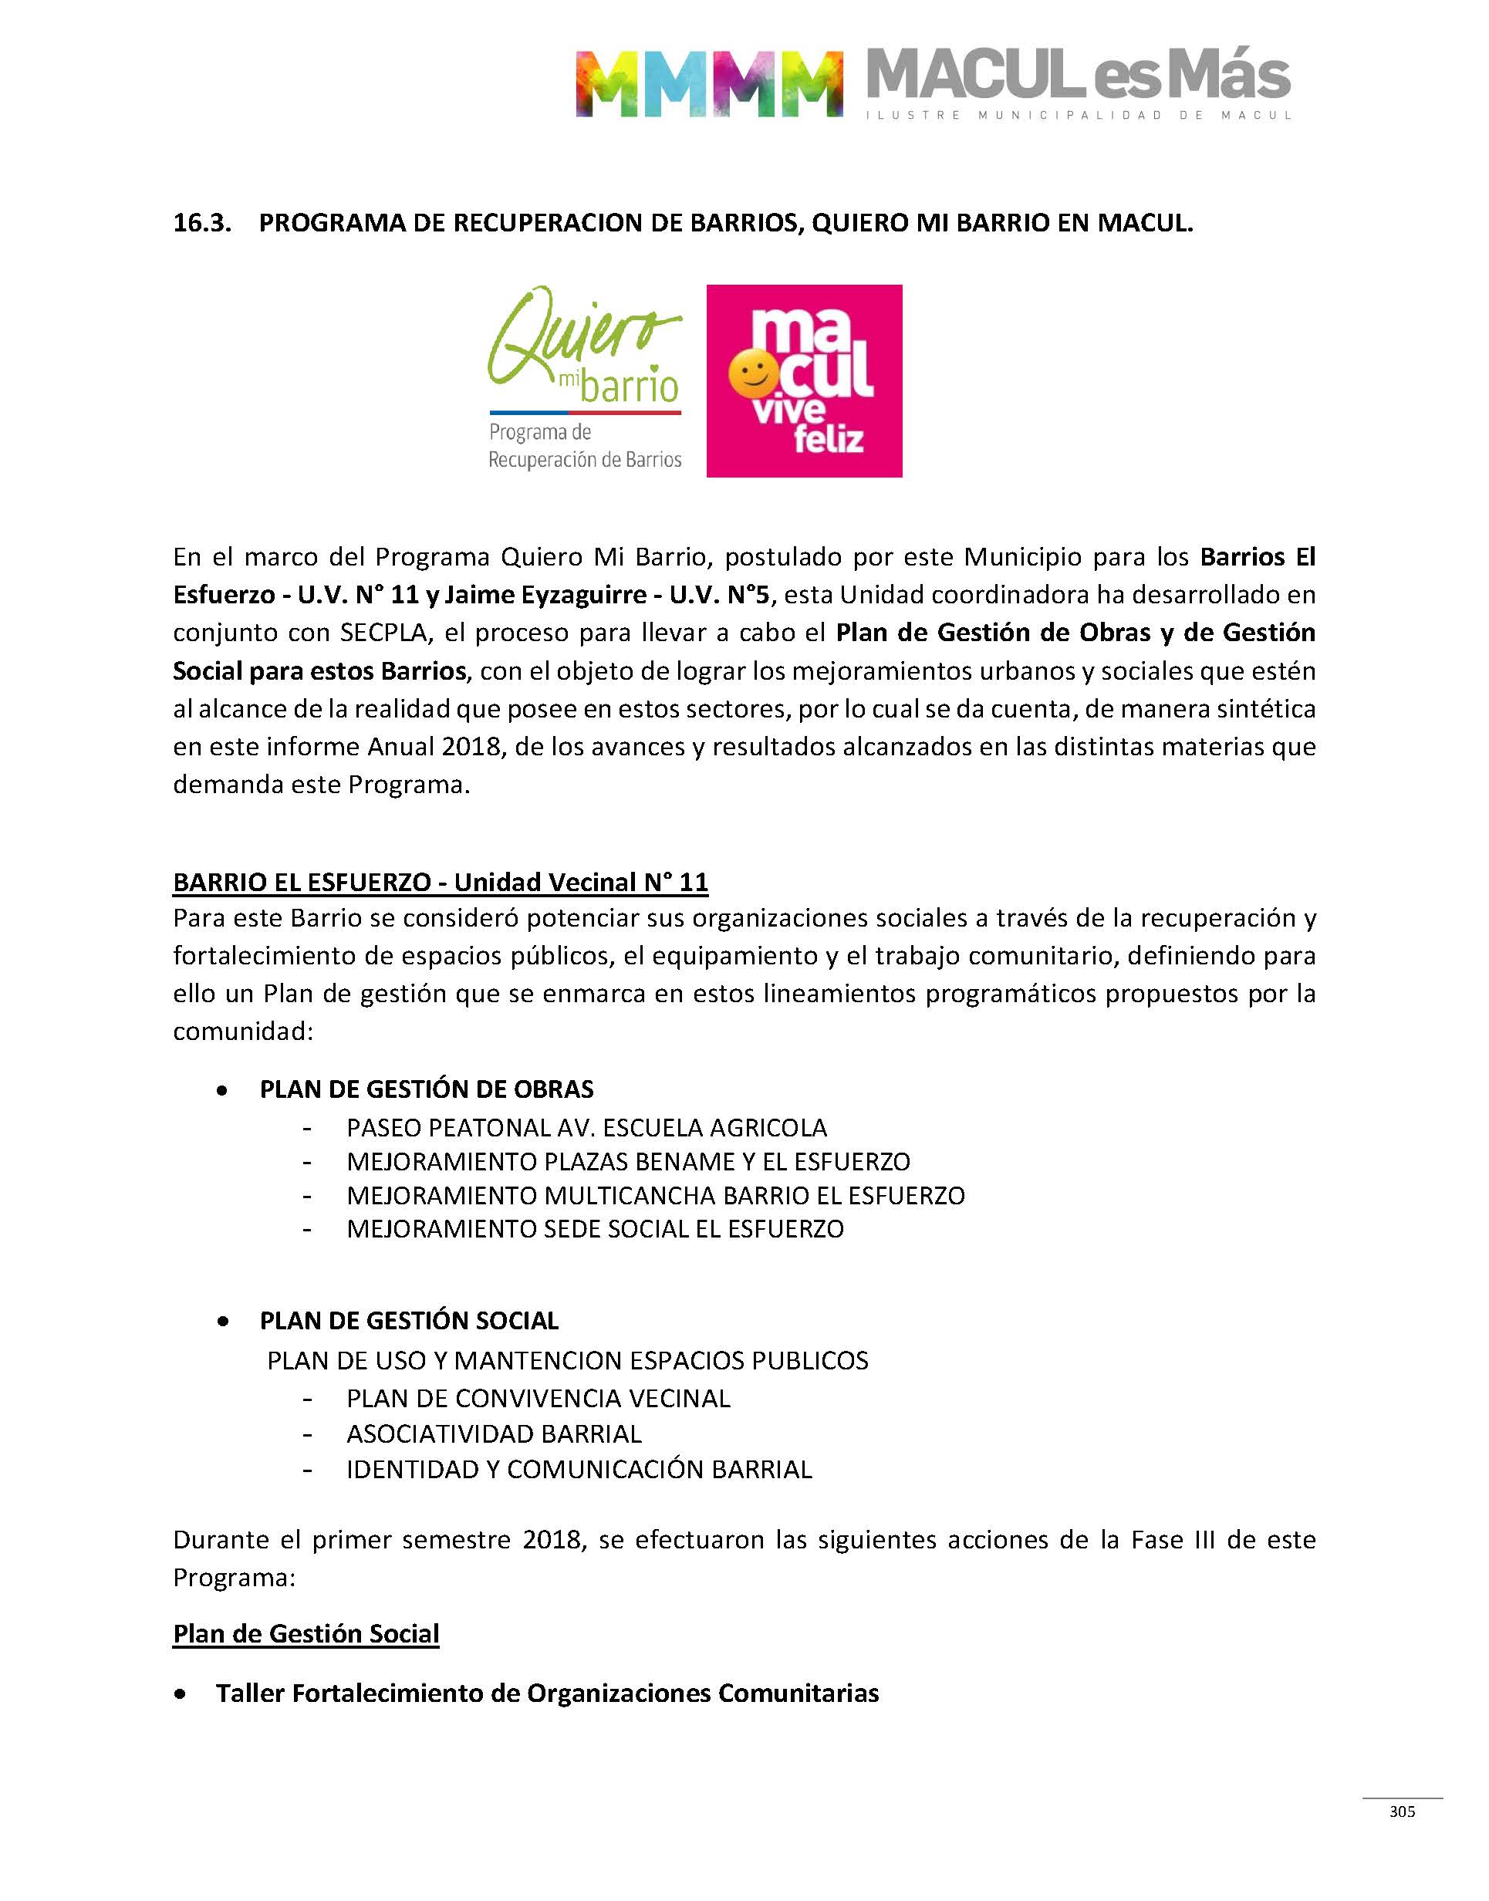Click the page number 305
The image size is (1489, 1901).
click(1402, 1812)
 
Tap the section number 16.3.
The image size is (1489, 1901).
click(202, 223)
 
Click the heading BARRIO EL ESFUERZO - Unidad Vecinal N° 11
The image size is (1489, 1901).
click(441, 882)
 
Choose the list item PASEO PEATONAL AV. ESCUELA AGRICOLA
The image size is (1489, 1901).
click(586, 1128)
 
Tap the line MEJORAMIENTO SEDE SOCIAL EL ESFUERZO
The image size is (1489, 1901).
click(595, 1229)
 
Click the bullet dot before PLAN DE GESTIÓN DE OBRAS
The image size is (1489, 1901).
click(223, 1090)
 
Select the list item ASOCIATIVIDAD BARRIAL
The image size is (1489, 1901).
click(494, 1433)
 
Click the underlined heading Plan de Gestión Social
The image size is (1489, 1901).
click(306, 1633)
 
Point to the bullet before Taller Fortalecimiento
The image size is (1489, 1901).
click(180, 1694)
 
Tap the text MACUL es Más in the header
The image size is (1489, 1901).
click(1078, 76)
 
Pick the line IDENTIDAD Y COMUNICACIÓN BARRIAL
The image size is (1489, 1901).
click(579, 1470)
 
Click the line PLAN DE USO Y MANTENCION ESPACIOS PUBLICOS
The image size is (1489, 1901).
click(568, 1361)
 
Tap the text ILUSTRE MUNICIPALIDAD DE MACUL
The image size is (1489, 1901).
click(1078, 115)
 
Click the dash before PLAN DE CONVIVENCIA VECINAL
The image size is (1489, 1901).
click(307, 1399)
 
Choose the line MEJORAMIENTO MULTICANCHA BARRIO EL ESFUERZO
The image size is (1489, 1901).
click(656, 1195)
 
